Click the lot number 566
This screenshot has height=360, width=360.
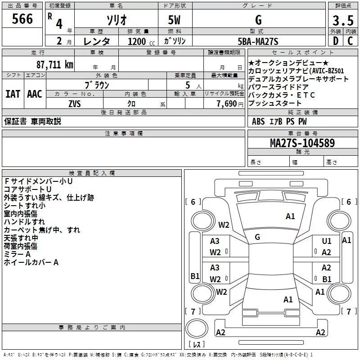click(x=22, y=19)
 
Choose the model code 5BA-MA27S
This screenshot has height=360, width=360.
click(x=258, y=42)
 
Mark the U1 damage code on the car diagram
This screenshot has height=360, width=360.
click(x=327, y=241)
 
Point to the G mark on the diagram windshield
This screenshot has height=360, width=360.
click(x=257, y=237)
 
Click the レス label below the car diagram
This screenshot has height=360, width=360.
click(x=197, y=345)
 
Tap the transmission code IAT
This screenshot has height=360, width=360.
click(x=13, y=94)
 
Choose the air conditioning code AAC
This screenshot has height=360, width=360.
click(x=34, y=94)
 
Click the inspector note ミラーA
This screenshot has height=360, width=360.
click(x=17, y=254)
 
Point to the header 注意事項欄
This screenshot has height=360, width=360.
click(x=123, y=134)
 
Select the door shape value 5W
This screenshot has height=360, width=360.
click(x=174, y=20)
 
